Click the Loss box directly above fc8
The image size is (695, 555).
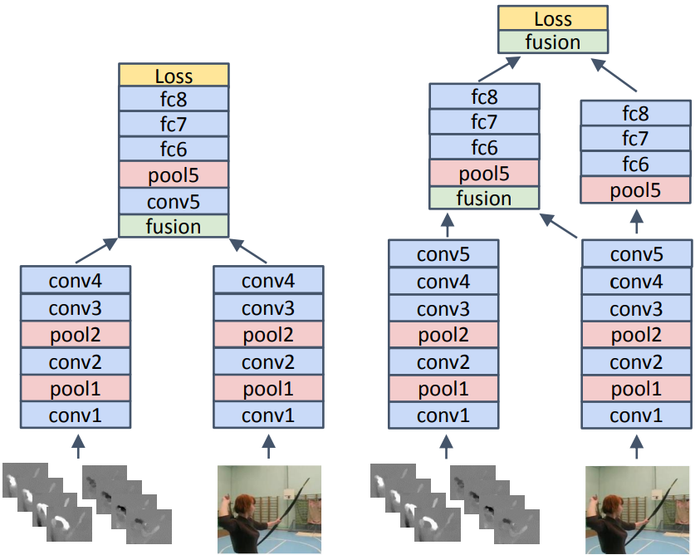pos(174,76)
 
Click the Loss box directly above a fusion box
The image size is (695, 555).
pos(553,18)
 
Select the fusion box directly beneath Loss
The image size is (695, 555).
pos(553,42)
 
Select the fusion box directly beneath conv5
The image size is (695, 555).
pos(174,226)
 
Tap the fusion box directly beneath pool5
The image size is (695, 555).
pos(484,198)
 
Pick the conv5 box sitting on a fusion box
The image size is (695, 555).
pos(174,201)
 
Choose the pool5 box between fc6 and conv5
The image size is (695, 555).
pos(174,175)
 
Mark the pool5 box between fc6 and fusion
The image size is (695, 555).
pos(484,173)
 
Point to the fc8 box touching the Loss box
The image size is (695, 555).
pos(174,100)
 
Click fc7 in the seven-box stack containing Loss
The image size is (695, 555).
pos(174,125)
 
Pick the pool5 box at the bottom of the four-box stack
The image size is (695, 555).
pos(635,189)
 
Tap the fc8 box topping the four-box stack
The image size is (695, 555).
pos(635,113)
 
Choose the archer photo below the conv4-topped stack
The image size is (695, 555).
pos(269,508)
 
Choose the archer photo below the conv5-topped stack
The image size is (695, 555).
pos(637,508)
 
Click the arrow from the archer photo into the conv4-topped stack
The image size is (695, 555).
pos(268,446)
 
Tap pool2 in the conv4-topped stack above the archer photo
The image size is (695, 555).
pos(268,336)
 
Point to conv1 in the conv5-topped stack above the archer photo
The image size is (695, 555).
pos(636,415)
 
